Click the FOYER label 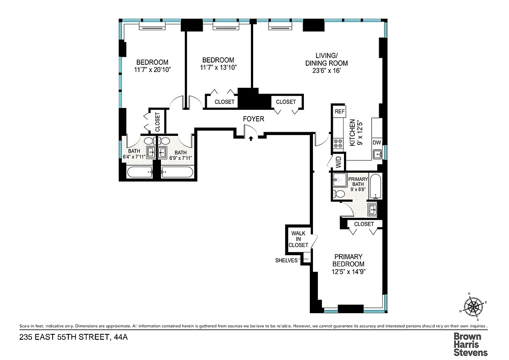[x=254, y=119]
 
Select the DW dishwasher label [x=377, y=143]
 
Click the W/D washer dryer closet [x=337, y=160]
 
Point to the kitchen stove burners [x=338, y=144]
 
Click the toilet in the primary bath [x=339, y=194]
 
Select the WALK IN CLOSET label [x=299, y=239]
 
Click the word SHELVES [x=286, y=260]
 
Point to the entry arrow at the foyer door [x=250, y=138]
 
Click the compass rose [x=473, y=307]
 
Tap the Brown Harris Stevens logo [x=470, y=344]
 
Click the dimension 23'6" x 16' [x=326, y=71]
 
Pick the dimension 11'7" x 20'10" [x=152, y=70]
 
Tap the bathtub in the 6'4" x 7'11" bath [x=139, y=172]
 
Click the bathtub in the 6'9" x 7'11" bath [x=177, y=172]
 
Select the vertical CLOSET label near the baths [x=157, y=121]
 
